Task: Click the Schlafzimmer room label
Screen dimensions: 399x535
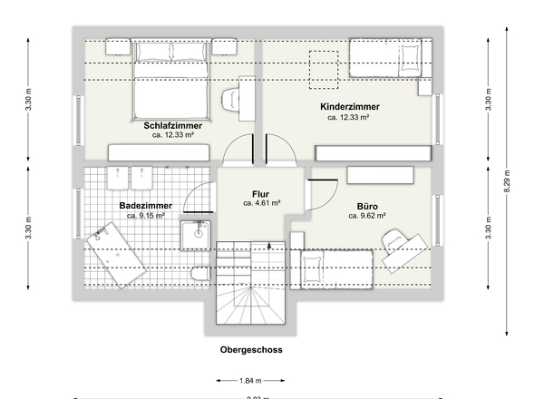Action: pyautogui.click(x=171, y=124)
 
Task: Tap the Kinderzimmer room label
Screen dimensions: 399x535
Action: pyautogui.click(x=349, y=107)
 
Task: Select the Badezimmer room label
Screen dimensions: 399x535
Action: pyautogui.click(x=145, y=206)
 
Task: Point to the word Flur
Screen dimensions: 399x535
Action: pyautogui.click(x=261, y=194)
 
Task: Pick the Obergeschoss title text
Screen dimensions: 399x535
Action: pyautogui.click(x=250, y=348)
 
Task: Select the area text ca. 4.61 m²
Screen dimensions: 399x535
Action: pyautogui.click(x=261, y=204)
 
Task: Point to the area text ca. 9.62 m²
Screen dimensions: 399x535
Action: pyautogui.click(x=366, y=216)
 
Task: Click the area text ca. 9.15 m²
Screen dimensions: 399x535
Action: pyautogui.click(x=145, y=216)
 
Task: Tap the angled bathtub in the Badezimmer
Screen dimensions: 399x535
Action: pyautogui.click(x=118, y=256)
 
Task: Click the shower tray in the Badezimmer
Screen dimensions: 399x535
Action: pyautogui.click(x=196, y=235)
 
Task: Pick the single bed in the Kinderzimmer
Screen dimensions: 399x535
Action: pyautogui.click(x=387, y=62)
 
